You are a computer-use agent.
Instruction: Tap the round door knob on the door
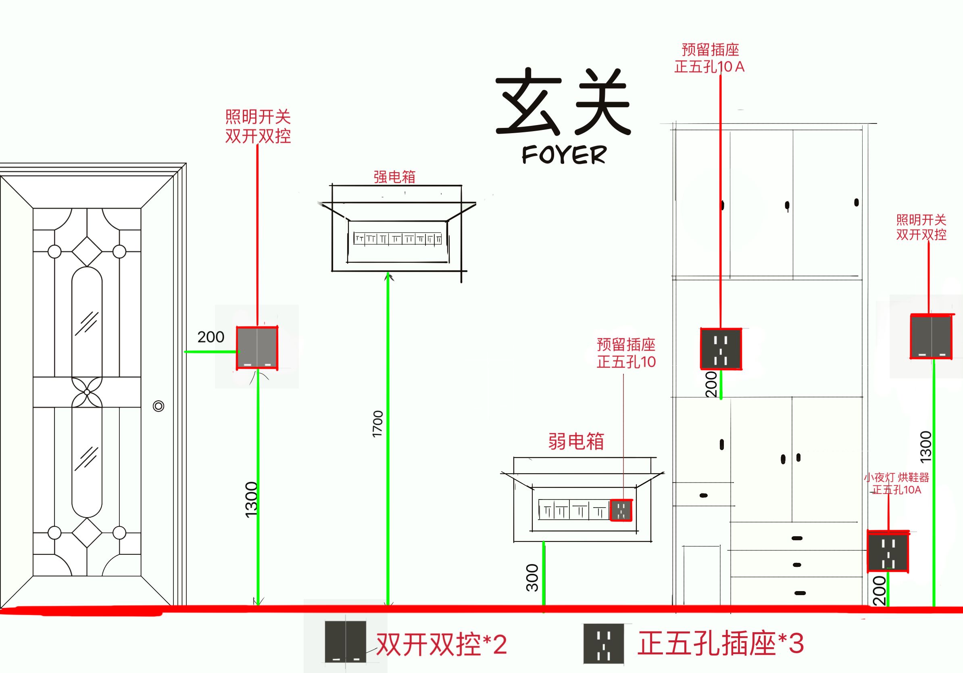158,406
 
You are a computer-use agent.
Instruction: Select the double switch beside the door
257,348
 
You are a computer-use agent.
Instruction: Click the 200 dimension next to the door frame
211,336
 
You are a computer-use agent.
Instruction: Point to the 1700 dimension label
377,424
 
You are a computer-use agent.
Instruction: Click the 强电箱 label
394,177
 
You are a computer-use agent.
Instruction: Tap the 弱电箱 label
576,441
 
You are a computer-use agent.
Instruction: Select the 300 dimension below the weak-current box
532,578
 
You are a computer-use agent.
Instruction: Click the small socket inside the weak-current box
621,510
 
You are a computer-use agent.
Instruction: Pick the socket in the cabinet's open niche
721,349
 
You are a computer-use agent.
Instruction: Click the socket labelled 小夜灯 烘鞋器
888,552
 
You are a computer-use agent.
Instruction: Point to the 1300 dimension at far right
925,447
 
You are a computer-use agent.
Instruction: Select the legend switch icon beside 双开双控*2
345,642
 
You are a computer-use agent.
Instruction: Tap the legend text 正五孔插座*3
720,643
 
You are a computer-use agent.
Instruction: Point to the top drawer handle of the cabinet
797,538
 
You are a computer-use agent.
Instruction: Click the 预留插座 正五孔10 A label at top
710,59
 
